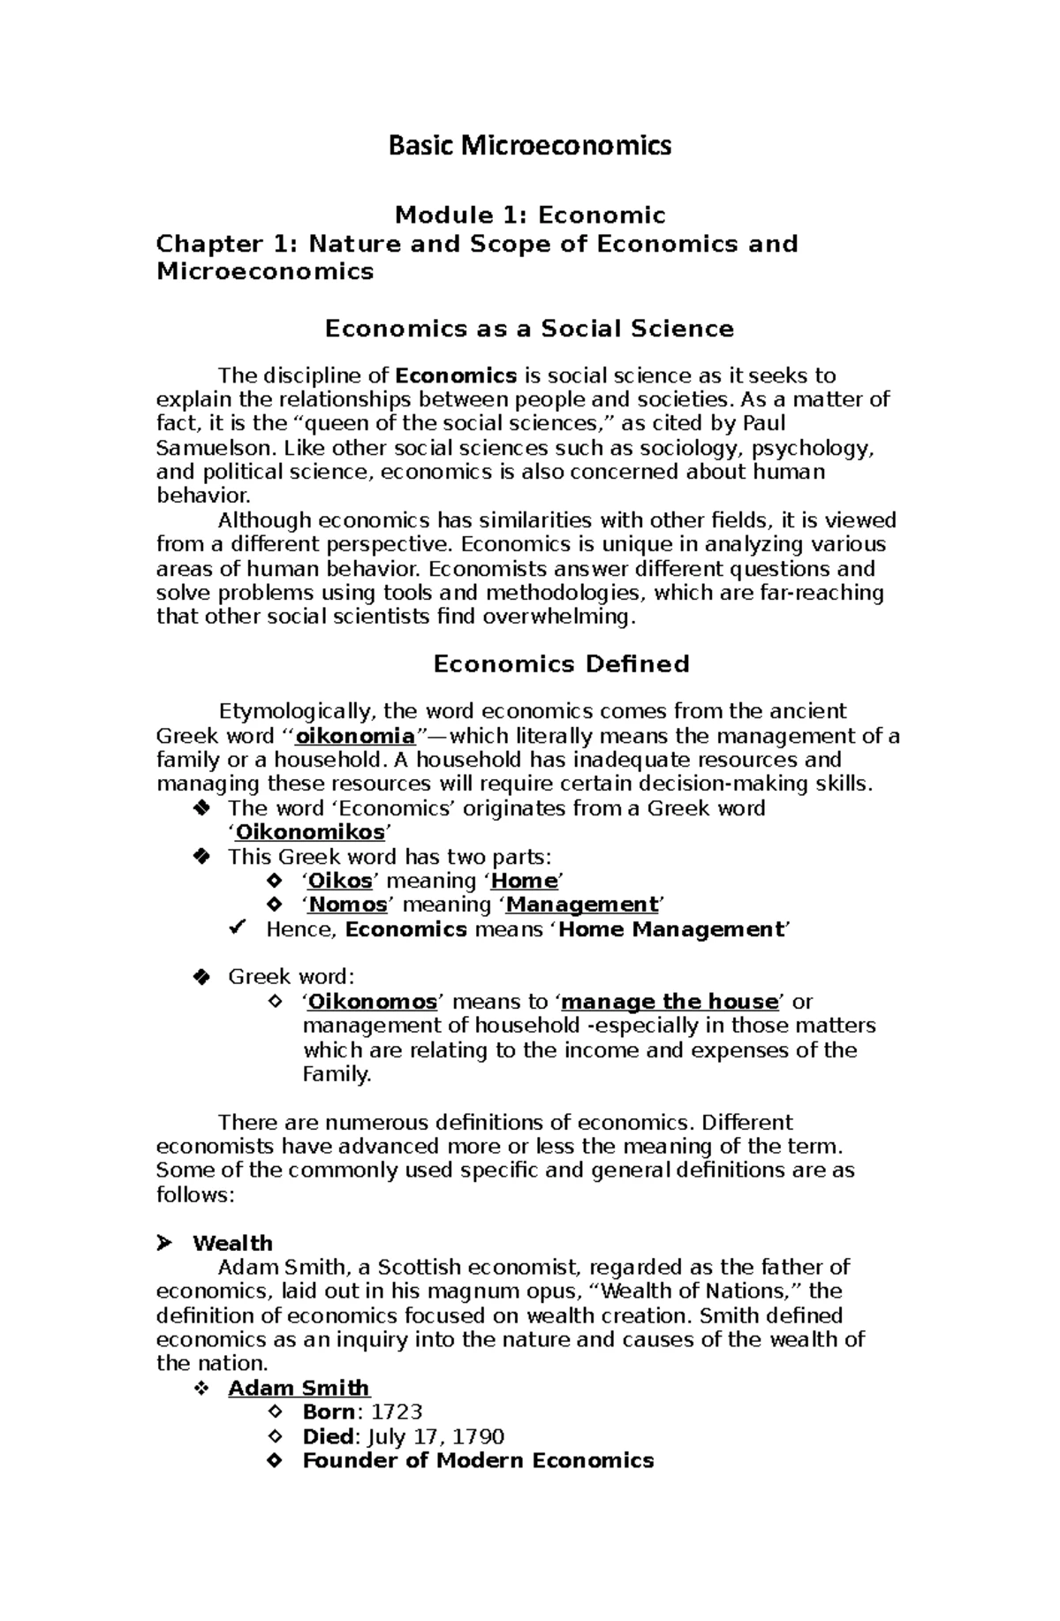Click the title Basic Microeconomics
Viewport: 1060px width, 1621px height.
click(x=530, y=145)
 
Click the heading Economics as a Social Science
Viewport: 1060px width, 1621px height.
click(x=530, y=330)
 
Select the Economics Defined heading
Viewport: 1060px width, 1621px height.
click(x=561, y=664)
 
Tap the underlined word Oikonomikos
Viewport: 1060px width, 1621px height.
click(x=310, y=832)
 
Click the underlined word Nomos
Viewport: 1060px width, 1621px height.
click(x=348, y=905)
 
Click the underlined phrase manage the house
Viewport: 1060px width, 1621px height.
click(x=670, y=1002)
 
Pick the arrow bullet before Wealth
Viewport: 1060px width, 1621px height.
click(x=163, y=1244)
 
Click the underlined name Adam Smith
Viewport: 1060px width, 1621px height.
click(x=299, y=1388)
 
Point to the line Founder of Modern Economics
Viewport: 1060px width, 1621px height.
click(x=478, y=1460)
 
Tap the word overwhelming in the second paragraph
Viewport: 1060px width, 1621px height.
click(x=556, y=617)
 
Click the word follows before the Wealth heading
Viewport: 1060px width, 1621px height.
click(x=192, y=1195)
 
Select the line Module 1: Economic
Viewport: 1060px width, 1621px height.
click(x=530, y=216)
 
